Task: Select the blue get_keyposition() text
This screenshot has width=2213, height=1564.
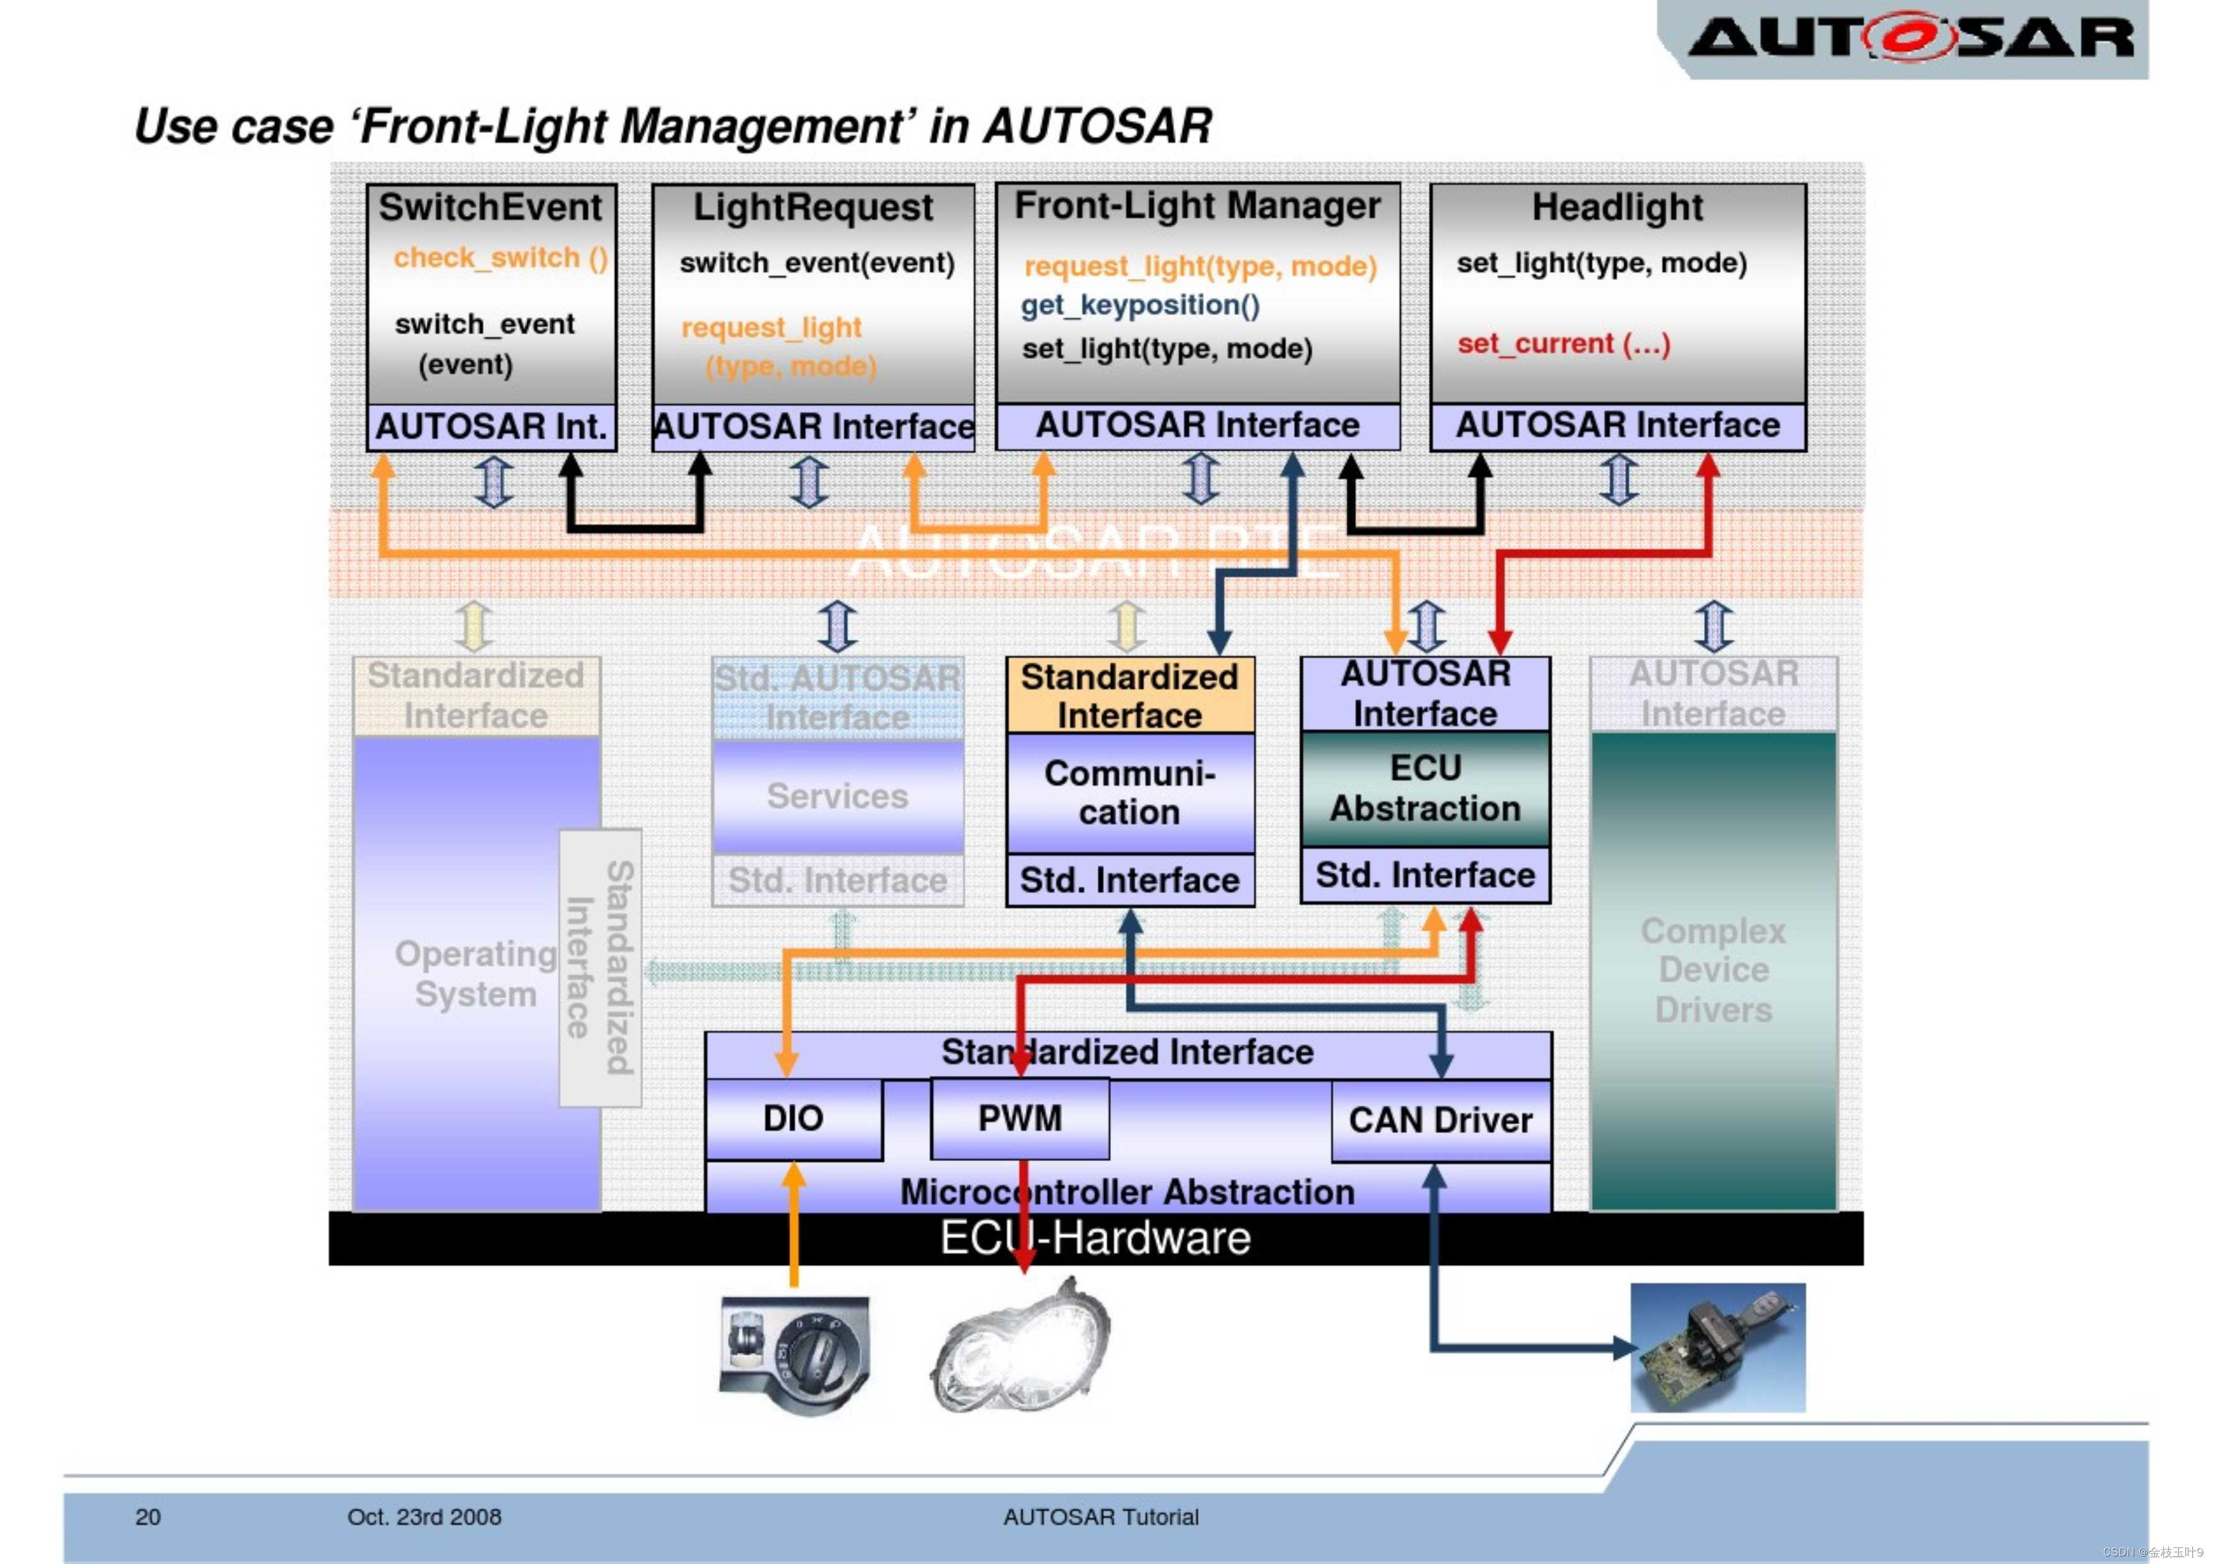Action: [x=1139, y=305]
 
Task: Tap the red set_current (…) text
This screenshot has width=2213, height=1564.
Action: [x=1563, y=344]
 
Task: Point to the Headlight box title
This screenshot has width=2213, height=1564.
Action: [x=1617, y=207]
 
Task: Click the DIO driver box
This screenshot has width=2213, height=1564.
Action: [x=792, y=1119]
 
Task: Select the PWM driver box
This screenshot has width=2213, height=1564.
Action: [x=1019, y=1119]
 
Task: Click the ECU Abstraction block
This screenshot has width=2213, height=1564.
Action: [x=1424, y=788]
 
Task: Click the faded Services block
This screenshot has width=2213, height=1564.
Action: [x=836, y=796]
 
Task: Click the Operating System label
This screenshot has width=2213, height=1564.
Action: [x=475, y=973]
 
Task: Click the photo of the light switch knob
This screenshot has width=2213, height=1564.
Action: [x=795, y=1355]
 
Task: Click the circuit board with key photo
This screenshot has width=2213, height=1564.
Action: [x=1717, y=1347]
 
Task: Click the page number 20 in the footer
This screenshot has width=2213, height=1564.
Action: [x=148, y=1517]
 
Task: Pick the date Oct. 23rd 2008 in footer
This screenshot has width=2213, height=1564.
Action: [x=424, y=1517]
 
